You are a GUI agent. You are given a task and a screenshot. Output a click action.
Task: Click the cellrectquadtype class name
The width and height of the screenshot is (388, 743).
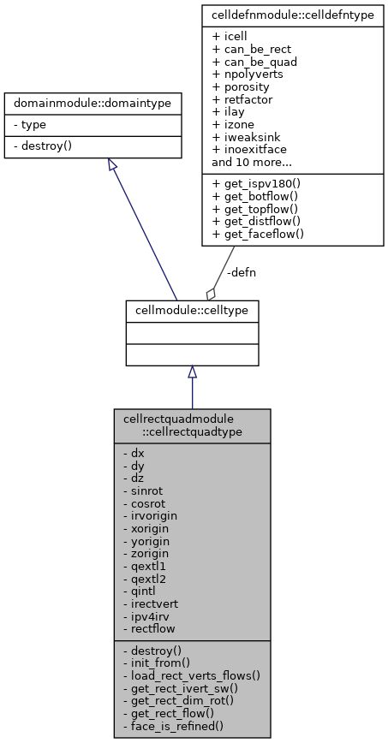(x=192, y=425)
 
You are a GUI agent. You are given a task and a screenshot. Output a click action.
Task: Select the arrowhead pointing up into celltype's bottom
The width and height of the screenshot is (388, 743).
(x=192, y=371)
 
